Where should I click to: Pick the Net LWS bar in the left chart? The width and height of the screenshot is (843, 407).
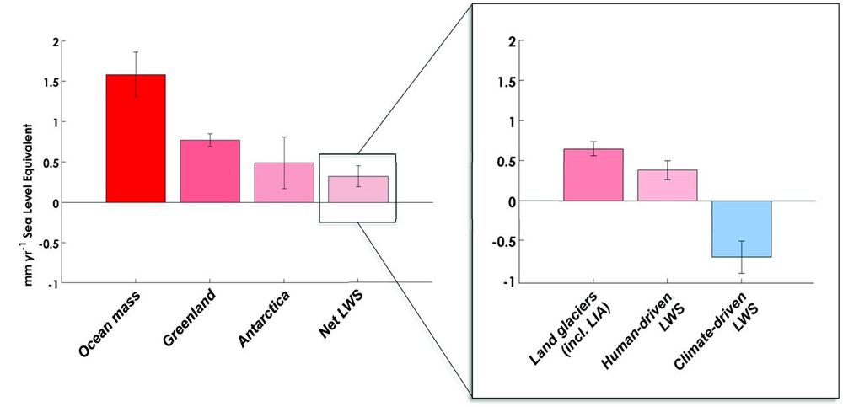point(358,190)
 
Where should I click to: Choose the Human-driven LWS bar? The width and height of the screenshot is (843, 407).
point(667,185)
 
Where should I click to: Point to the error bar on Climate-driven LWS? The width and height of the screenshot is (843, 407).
point(742,257)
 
